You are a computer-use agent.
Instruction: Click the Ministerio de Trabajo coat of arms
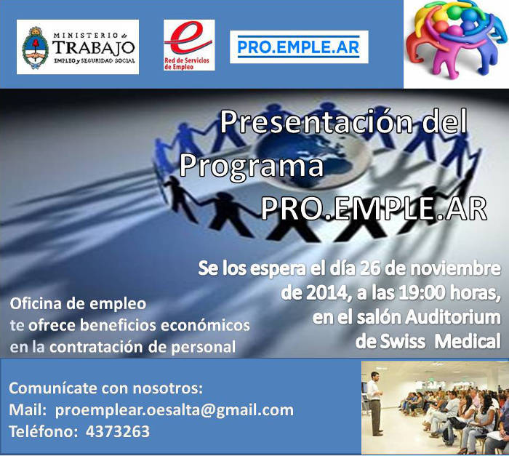coord(35,47)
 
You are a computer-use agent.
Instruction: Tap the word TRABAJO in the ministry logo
coord(94,48)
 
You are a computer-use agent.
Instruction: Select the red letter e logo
coord(188,39)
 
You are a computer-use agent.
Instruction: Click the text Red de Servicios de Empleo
coord(187,64)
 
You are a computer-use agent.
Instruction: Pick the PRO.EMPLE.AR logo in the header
coord(299,47)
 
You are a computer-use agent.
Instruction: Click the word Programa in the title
coord(252,167)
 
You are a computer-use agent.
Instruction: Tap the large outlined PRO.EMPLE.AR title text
coord(374,209)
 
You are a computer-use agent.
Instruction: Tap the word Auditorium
coord(453,317)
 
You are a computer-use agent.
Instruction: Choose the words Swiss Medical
coord(441,341)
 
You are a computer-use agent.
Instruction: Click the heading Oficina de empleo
coord(78,304)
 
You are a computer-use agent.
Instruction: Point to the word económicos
coord(205,325)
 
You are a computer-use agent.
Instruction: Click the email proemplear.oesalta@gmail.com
coord(175,410)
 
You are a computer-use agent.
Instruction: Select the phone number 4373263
coord(118,432)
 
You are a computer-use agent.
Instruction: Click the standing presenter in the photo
coord(375,403)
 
